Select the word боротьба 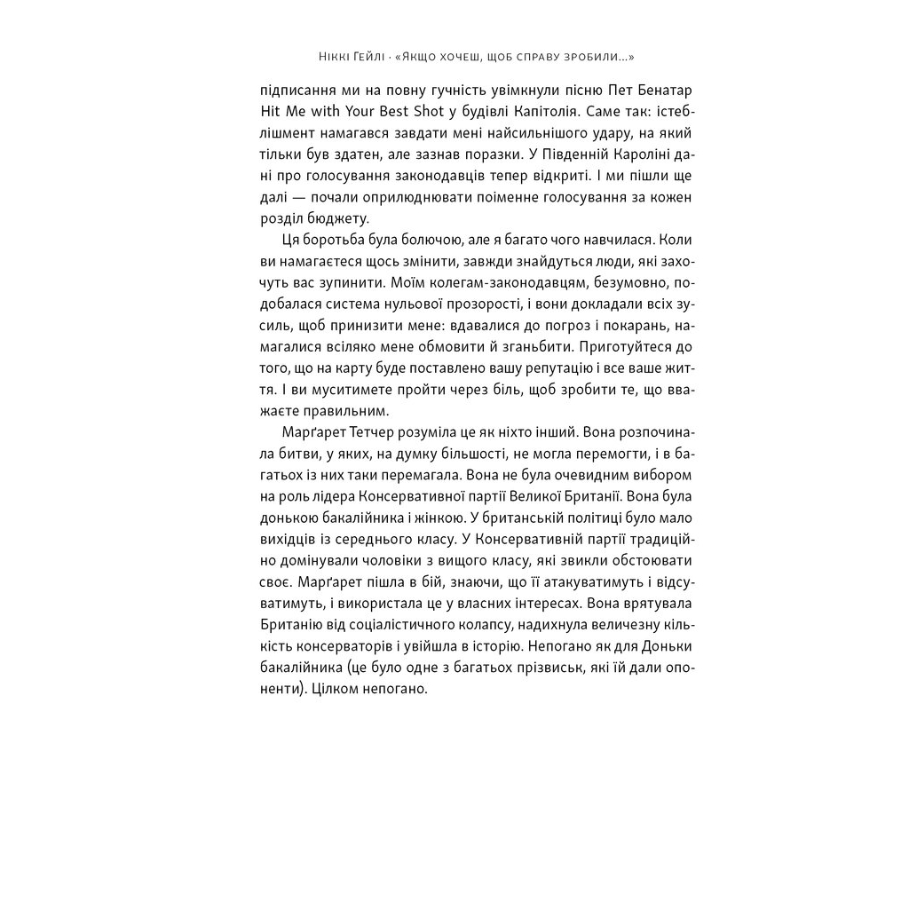(x=338, y=240)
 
